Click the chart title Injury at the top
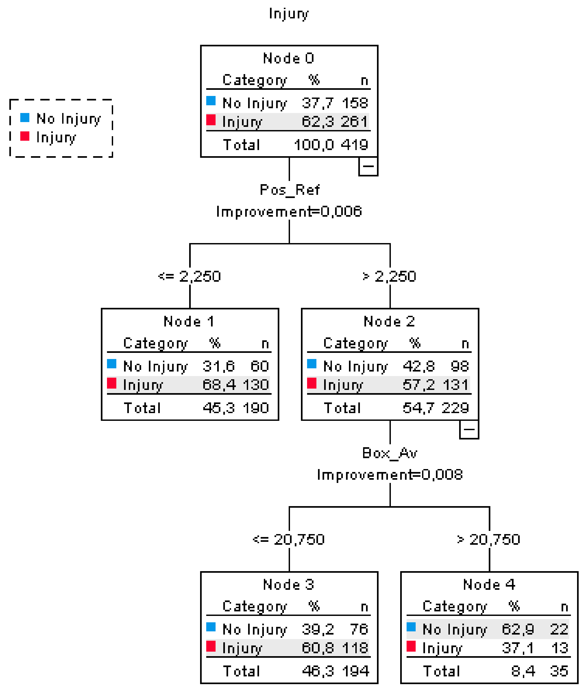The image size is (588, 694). tap(289, 14)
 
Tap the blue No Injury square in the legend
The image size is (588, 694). tap(25, 118)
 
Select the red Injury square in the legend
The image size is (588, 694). tap(25, 136)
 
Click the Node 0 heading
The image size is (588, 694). tap(289, 58)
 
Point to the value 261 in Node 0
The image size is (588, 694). tap(354, 122)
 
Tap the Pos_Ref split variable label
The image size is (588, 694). tap(289, 190)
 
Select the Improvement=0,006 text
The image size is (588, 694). tap(289, 211)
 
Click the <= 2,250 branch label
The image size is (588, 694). tap(189, 276)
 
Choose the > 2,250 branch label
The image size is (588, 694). tap(389, 276)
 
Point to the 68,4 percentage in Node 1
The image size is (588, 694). tap(219, 385)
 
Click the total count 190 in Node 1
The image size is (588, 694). tap(256, 408)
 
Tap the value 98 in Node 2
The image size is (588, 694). tap(460, 366)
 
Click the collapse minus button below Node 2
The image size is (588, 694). tap(469, 429)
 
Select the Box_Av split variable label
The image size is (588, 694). tap(390, 453)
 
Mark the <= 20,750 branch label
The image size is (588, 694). tap(289, 539)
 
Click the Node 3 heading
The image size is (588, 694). tap(289, 584)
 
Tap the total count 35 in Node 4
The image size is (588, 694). tap(559, 671)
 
